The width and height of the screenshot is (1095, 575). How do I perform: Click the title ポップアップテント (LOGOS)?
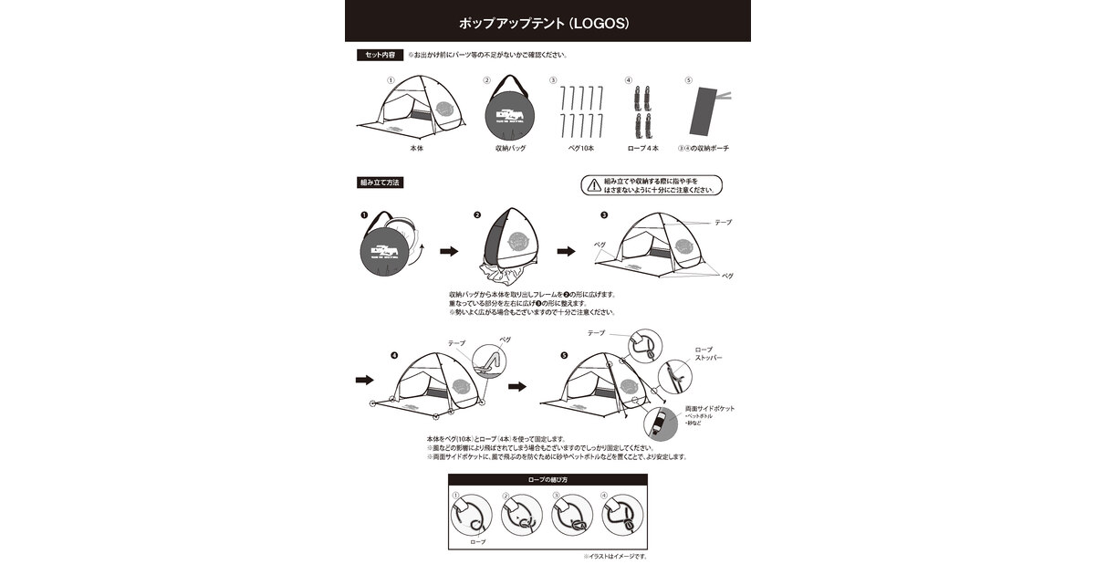pos(547,21)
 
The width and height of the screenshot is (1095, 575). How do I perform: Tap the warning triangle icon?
pos(595,186)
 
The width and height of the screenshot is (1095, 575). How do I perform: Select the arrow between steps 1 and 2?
pos(449,251)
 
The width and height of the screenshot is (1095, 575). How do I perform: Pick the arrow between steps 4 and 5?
pos(517,387)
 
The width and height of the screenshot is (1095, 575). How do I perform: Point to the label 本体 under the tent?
pos(416,148)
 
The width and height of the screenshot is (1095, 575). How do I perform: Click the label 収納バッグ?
pos(511,148)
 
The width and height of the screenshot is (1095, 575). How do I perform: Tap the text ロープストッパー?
pos(708,353)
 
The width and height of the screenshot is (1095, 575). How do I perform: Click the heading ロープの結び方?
pos(547,480)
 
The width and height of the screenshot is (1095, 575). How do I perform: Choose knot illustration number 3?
pos(569,517)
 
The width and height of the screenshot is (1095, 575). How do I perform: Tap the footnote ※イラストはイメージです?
pos(615,556)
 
